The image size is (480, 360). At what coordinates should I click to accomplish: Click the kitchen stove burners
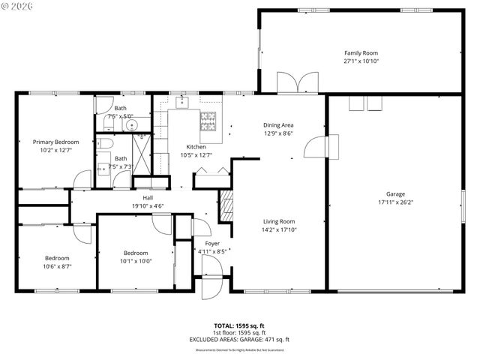click(207, 118)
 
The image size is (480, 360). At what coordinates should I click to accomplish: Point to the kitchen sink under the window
click(182, 102)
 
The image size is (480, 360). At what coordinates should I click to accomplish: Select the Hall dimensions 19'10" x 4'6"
click(148, 205)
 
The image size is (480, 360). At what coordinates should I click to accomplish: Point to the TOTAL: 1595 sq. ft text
click(240, 325)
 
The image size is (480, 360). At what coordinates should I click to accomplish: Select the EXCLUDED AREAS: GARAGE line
click(240, 339)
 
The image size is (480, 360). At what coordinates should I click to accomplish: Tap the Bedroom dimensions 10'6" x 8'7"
click(57, 266)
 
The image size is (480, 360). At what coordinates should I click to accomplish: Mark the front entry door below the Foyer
click(211, 286)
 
